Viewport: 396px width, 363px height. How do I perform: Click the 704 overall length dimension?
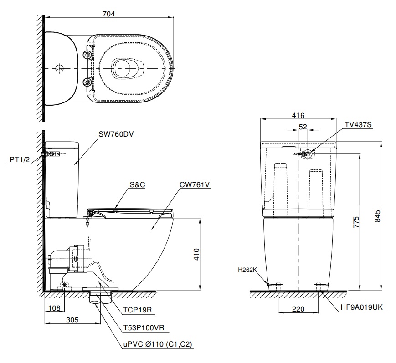[x=108, y=13]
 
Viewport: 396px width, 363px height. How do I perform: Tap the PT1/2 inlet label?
[x=19, y=159]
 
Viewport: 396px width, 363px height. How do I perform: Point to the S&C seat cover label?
[x=138, y=185]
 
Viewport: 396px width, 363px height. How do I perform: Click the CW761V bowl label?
[x=195, y=185]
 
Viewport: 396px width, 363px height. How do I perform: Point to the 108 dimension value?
[x=54, y=308]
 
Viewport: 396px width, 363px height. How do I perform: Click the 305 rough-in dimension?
[x=72, y=320]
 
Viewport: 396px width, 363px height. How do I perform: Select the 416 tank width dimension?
[x=298, y=116]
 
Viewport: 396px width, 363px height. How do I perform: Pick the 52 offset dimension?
[x=303, y=128]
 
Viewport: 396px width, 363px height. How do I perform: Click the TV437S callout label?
[x=358, y=124]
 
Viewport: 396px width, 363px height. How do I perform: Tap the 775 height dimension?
[x=356, y=222]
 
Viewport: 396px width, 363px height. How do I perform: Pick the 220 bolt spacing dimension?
[x=298, y=309]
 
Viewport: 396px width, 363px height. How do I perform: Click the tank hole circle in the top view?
[x=59, y=69]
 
